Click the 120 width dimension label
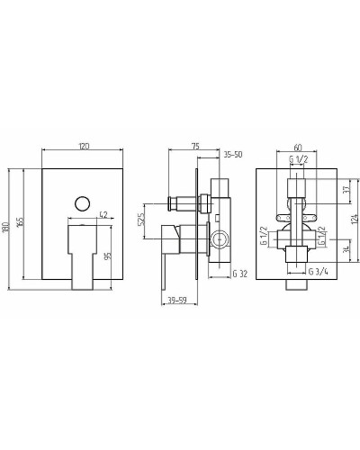click(x=85, y=146)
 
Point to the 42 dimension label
click(x=103, y=214)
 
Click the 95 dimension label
click(x=108, y=256)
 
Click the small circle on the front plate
click(x=82, y=204)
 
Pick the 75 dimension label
click(x=195, y=146)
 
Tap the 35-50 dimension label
click(x=233, y=155)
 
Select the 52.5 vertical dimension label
click(x=142, y=219)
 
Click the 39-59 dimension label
click(x=177, y=300)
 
